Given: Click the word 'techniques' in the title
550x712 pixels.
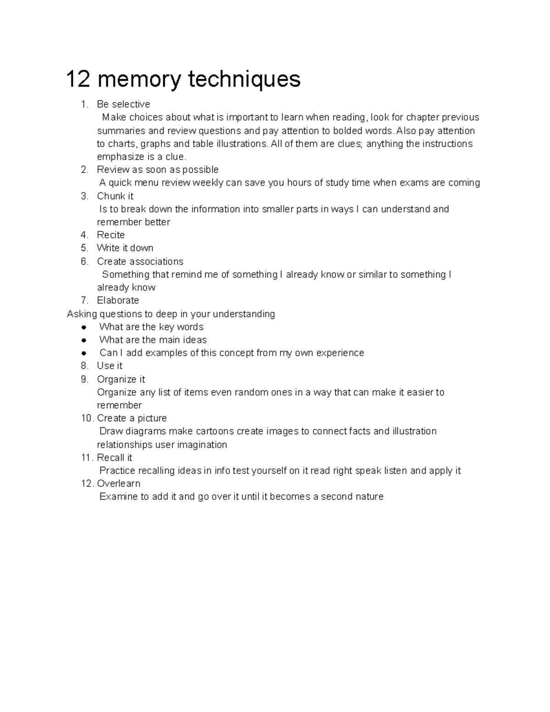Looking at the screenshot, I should [244, 79].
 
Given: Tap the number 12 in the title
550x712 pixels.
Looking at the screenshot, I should [78, 79].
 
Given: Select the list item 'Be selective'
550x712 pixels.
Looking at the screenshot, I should [123, 104].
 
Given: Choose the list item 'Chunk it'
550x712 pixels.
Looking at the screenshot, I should [115, 196].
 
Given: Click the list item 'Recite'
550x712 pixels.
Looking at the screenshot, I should [111, 235].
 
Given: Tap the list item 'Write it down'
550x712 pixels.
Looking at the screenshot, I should [125, 248].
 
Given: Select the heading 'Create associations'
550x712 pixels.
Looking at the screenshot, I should [140, 261].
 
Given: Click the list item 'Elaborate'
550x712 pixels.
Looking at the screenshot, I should [118, 300].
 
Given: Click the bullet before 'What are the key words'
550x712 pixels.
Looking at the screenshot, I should [84, 327].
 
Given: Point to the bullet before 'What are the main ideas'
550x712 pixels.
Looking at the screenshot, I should [84, 340].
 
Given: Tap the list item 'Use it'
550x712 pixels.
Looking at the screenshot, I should [110, 366].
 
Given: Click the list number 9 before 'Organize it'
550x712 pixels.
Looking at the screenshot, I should [84, 379].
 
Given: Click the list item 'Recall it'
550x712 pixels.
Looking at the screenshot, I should [115, 458].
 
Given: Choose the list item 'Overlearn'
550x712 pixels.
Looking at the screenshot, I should [119, 484].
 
